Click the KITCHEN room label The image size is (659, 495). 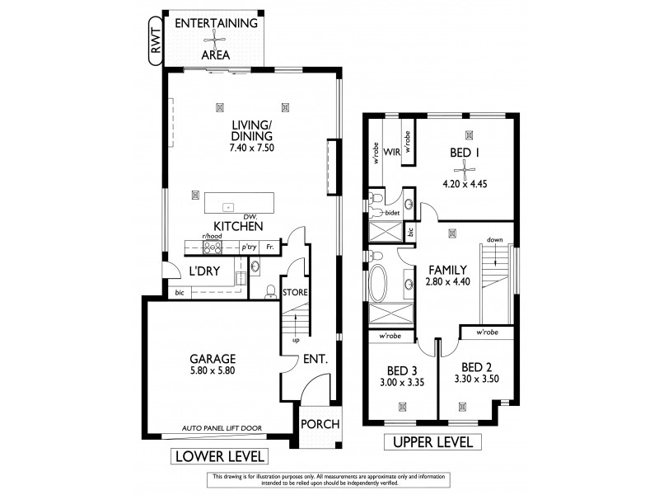point(238,225)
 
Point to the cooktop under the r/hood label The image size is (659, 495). point(214,247)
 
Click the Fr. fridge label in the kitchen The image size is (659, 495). point(271,247)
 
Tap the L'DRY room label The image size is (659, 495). point(204,271)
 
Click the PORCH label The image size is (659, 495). point(318,424)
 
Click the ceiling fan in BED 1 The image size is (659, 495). point(467,170)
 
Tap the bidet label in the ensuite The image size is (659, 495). point(393,212)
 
